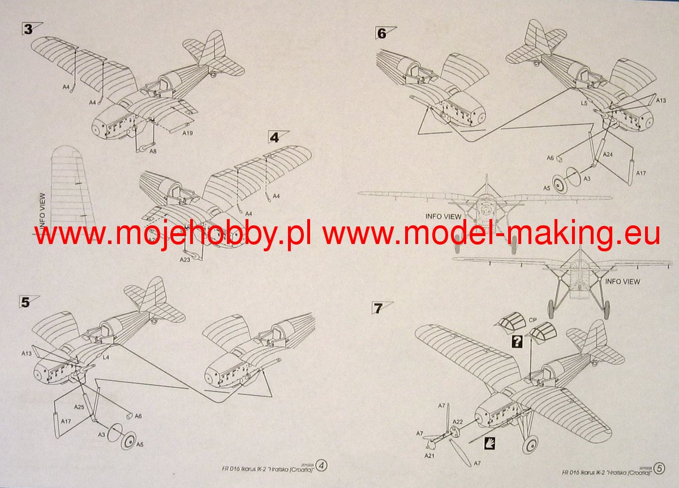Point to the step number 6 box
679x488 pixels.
coord(381,33)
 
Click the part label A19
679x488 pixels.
coord(188,134)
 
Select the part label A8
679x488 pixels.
coord(153,151)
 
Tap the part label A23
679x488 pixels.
coord(184,260)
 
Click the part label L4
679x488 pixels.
coord(106,357)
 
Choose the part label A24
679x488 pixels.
coord(608,154)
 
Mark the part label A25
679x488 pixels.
coord(79,406)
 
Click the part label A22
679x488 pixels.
coord(458,421)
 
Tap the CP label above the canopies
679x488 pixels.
coord(532,320)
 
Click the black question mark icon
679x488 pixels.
coord(516,341)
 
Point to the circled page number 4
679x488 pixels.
coord(322,466)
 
